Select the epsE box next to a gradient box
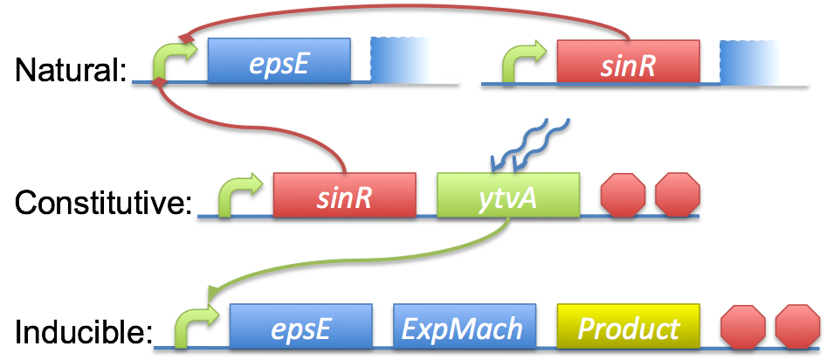(x=279, y=61)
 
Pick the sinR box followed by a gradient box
(x=628, y=61)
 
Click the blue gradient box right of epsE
(x=403, y=60)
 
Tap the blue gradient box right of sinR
(x=753, y=61)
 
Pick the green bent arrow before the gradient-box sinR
(x=522, y=63)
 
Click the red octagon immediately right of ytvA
(x=623, y=194)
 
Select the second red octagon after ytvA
(x=678, y=194)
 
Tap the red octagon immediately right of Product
(x=743, y=327)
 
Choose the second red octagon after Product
(x=797, y=327)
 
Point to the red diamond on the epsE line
(x=159, y=82)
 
